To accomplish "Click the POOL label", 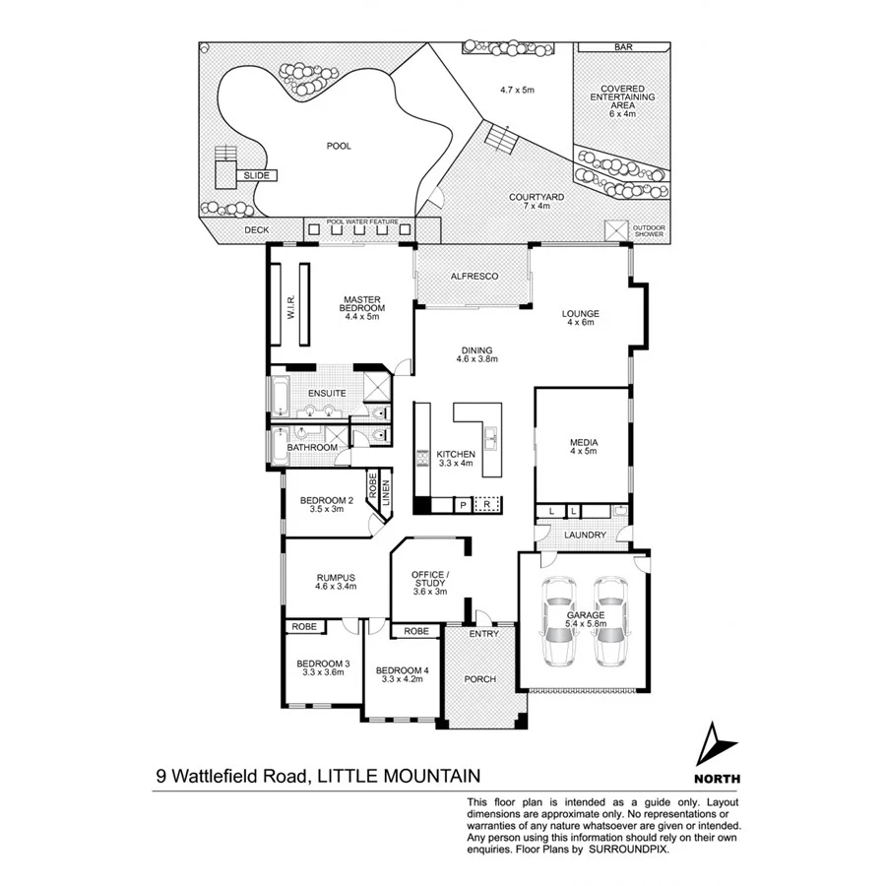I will coord(339,146).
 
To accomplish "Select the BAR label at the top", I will coord(622,47).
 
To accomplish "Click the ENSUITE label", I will coord(326,394).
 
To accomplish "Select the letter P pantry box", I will coord(462,505).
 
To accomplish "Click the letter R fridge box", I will coord(486,505).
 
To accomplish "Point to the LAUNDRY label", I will coord(585,536).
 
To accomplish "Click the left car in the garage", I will coord(558,619).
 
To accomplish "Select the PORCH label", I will coord(479,679).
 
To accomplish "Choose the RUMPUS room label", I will coord(335,578).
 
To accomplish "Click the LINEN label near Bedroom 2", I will coord(386,492).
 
